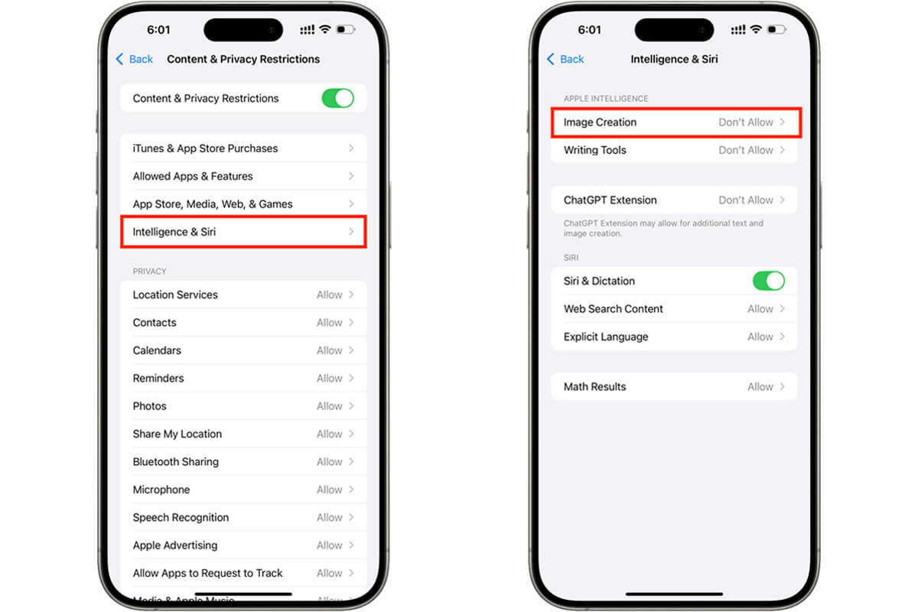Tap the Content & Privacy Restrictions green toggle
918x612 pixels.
coord(337,99)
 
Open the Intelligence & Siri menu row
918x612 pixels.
coord(243,232)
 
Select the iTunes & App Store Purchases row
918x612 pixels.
coord(243,148)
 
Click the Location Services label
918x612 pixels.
coord(175,295)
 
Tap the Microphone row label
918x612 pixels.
coord(161,490)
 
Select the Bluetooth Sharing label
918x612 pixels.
coord(176,461)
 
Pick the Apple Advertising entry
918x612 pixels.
coord(175,545)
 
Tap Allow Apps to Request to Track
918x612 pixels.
coord(207,573)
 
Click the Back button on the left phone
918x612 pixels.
coord(135,59)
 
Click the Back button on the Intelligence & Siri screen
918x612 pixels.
coord(565,59)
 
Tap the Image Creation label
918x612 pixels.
coord(600,122)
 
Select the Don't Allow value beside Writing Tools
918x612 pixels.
coord(746,150)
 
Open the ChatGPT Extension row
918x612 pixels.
coord(674,200)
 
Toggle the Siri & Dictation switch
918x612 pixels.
coord(768,282)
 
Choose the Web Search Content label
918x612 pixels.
coord(613,308)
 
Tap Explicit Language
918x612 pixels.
coord(606,337)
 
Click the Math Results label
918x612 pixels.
coord(594,386)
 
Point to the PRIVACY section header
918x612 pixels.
coord(149,272)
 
